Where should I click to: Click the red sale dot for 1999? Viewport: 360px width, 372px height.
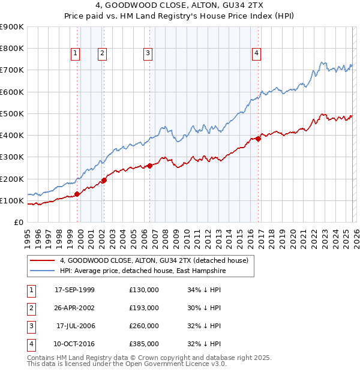[x=77, y=194]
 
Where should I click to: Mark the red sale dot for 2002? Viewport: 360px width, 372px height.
[x=104, y=180]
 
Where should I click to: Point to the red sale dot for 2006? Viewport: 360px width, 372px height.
[x=149, y=166]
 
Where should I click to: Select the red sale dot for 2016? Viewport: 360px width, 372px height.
[x=259, y=139]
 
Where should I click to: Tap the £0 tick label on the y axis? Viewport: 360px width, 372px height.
[x=18, y=222]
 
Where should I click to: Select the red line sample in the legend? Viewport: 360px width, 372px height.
[x=42, y=261]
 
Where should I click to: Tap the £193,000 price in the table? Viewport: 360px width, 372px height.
[x=143, y=308]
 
